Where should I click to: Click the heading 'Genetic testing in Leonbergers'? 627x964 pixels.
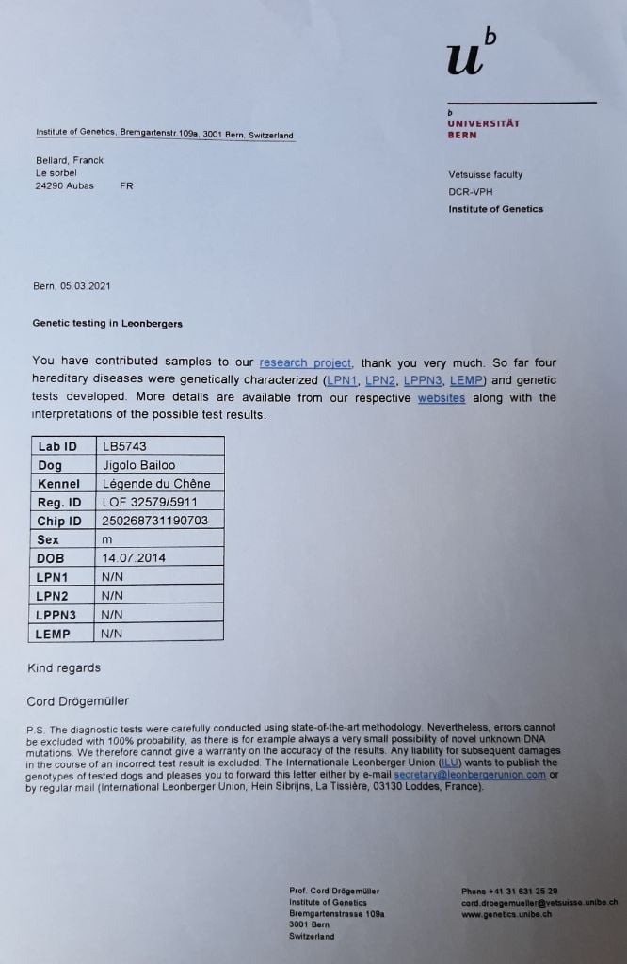[107, 323]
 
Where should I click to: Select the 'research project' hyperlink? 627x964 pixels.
[306, 362]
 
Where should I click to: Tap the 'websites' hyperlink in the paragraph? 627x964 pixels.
[441, 397]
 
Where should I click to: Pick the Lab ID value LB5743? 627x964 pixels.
[124, 445]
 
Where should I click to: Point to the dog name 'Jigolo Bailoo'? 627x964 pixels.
[138, 464]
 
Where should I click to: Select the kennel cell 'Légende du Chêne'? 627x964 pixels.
[156, 483]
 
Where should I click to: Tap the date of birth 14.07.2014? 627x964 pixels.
[134, 558]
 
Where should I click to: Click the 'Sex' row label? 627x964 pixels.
[48, 539]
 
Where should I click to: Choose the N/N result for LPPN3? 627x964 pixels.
[112, 615]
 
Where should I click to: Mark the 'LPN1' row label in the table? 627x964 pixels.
[54, 577]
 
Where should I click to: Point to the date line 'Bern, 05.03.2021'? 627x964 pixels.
[72, 285]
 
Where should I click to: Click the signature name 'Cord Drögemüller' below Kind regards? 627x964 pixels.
[78, 701]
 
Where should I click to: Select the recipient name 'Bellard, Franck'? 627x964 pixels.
[70, 160]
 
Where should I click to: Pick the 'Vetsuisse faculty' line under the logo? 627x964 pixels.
[485, 174]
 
